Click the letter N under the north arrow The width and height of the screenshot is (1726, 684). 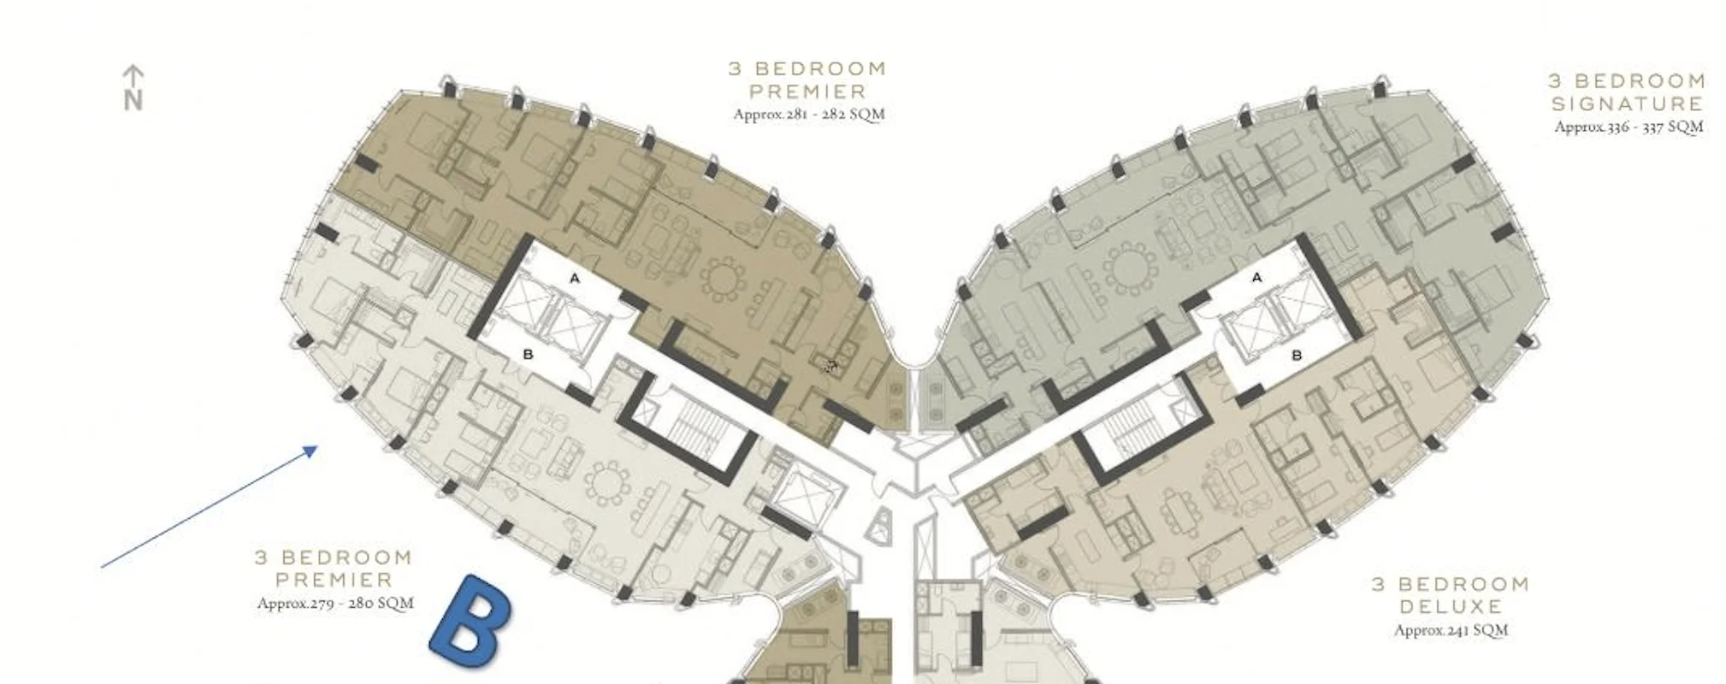tap(133, 100)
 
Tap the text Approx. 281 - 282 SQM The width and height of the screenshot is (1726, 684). tap(808, 114)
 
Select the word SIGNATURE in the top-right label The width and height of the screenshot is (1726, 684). tap(1628, 103)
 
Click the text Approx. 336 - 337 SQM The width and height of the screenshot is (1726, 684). tap(1628, 127)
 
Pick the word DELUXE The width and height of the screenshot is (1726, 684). tap(1451, 606)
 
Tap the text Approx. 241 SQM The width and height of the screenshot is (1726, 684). tap(1451, 630)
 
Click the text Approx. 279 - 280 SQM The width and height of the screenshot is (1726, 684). tap(335, 603)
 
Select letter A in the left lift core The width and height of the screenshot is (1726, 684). tap(575, 278)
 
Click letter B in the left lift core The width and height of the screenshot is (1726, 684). tap(528, 354)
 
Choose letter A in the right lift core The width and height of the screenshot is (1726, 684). tap(1256, 277)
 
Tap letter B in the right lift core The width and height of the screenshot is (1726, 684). tap(1297, 354)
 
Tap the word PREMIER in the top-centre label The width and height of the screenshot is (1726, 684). tap(808, 91)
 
